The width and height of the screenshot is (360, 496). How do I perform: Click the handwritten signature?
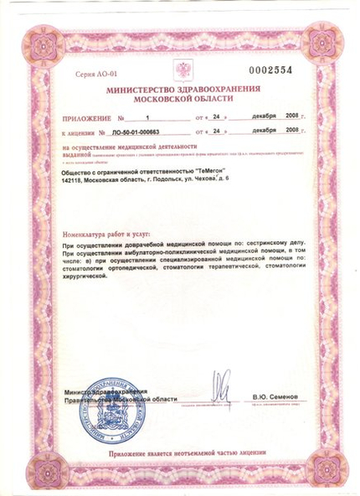click(x=220, y=387)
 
